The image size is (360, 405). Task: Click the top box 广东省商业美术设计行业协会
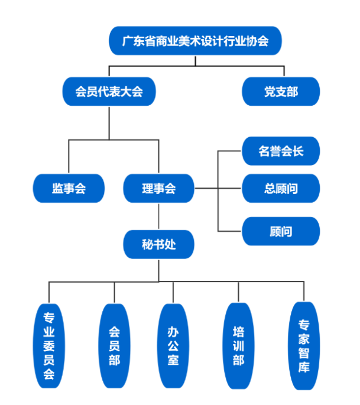(x=195, y=41)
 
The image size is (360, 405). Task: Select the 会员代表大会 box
(x=109, y=92)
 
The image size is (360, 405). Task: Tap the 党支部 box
(x=281, y=92)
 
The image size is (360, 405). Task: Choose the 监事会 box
(x=69, y=189)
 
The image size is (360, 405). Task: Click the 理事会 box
(x=158, y=189)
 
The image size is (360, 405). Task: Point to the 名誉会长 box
(x=281, y=151)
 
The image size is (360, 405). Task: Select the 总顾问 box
(x=281, y=189)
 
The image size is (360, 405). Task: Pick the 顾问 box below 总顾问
(x=281, y=232)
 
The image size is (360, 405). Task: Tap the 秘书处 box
(x=158, y=244)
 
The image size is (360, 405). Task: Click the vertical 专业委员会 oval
(x=49, y=346)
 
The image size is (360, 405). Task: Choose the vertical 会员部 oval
(x=114, y=346)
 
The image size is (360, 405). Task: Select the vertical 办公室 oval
(x=173, y=346)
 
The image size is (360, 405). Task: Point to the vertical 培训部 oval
(x=239, y=346)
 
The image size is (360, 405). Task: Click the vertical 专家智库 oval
(x=304, y=346)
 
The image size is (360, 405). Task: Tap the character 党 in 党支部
(x=270, y=92)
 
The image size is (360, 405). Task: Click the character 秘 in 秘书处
(x=147, y=244)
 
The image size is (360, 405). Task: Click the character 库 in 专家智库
(x=304, y=368)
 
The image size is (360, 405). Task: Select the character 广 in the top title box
(x=127, y=41)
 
